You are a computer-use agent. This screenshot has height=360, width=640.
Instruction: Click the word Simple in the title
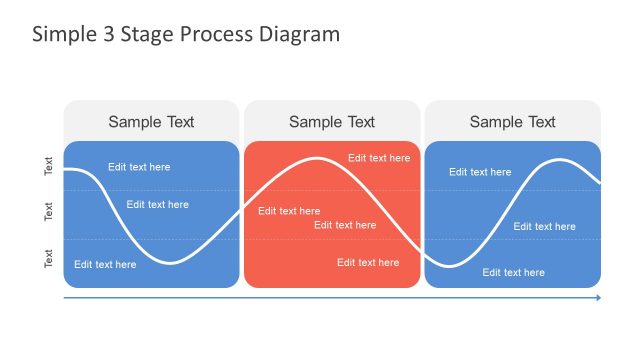point(63,34)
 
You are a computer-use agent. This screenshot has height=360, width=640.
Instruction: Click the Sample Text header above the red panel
point(332,122)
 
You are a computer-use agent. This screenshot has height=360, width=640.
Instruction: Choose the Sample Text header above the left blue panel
point(151,122)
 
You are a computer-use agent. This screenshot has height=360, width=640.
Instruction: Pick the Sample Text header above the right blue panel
point(512,122)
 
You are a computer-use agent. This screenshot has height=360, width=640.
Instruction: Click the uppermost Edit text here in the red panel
point(379,158)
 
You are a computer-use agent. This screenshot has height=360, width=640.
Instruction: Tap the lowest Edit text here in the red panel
point(368,263)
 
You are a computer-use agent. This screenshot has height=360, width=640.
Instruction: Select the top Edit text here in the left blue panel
point(139,167)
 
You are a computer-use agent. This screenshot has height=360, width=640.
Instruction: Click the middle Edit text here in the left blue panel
point(157,205)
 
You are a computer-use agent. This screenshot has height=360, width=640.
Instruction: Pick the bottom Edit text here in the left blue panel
point(105,265)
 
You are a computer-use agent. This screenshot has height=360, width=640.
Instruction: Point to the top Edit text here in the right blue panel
point(480,172)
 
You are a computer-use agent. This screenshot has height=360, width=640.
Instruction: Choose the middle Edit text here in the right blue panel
point(545,227)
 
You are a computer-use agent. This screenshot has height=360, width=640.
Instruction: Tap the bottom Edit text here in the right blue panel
point(514,272)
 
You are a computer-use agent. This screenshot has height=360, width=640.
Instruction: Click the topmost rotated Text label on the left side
point(49,166)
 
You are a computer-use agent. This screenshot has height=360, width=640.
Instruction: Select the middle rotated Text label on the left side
point(49,212)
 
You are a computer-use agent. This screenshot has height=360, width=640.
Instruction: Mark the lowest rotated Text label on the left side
point(49,258)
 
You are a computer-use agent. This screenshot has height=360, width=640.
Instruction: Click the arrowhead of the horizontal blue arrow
point(598,298)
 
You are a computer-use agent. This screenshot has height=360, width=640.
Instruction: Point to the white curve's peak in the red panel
point(318,158)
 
